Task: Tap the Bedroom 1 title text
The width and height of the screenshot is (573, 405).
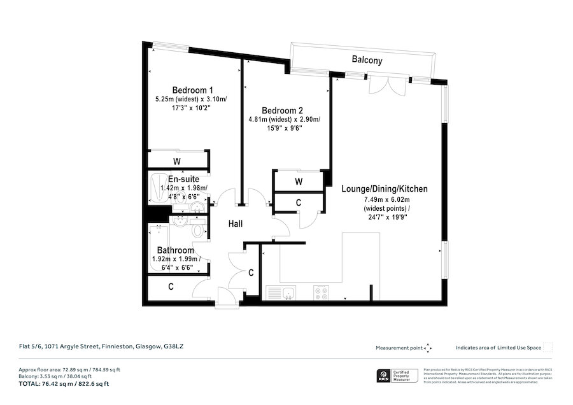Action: [192, 90]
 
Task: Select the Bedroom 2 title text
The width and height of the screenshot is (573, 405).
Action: [284, 109]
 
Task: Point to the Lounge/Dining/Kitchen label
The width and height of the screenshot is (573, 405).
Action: [384, 189]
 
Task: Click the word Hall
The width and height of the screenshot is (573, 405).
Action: [239, 224]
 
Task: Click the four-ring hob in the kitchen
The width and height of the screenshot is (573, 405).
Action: [322, 293]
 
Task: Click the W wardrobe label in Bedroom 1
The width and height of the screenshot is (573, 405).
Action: [176, 161]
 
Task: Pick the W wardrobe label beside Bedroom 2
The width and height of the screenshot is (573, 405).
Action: [298, 181]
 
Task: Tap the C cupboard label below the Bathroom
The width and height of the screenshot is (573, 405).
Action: [171, 287]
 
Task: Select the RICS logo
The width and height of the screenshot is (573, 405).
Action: [384, 375]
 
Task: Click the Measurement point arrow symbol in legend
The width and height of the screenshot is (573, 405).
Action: [428, 348]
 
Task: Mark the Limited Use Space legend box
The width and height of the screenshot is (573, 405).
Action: [548, 347]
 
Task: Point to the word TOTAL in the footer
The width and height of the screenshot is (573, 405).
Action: [30, 383]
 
